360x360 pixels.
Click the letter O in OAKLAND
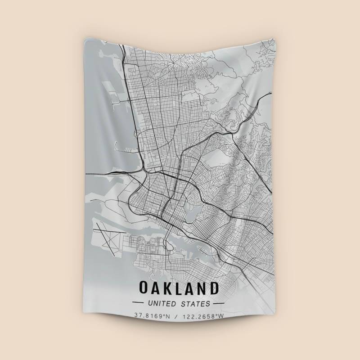(x=144, y=288)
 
